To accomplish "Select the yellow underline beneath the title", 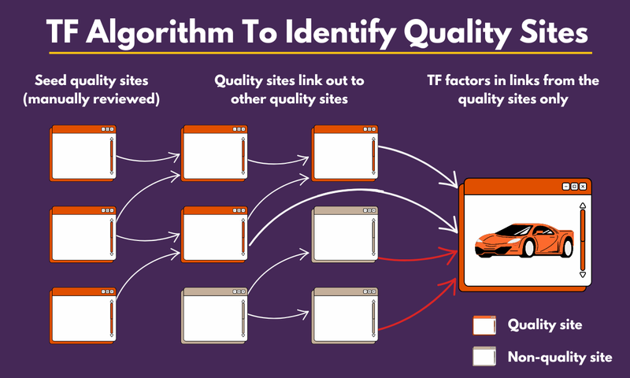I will click(315, 54).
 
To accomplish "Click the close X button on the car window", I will click(584, 187).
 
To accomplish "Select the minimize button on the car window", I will click(565, 187).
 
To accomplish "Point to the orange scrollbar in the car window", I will click(583, 240).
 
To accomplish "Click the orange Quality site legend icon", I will click(484, 326).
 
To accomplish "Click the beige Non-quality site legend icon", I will click(484, 357).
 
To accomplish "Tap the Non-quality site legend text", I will click(560, 357).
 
